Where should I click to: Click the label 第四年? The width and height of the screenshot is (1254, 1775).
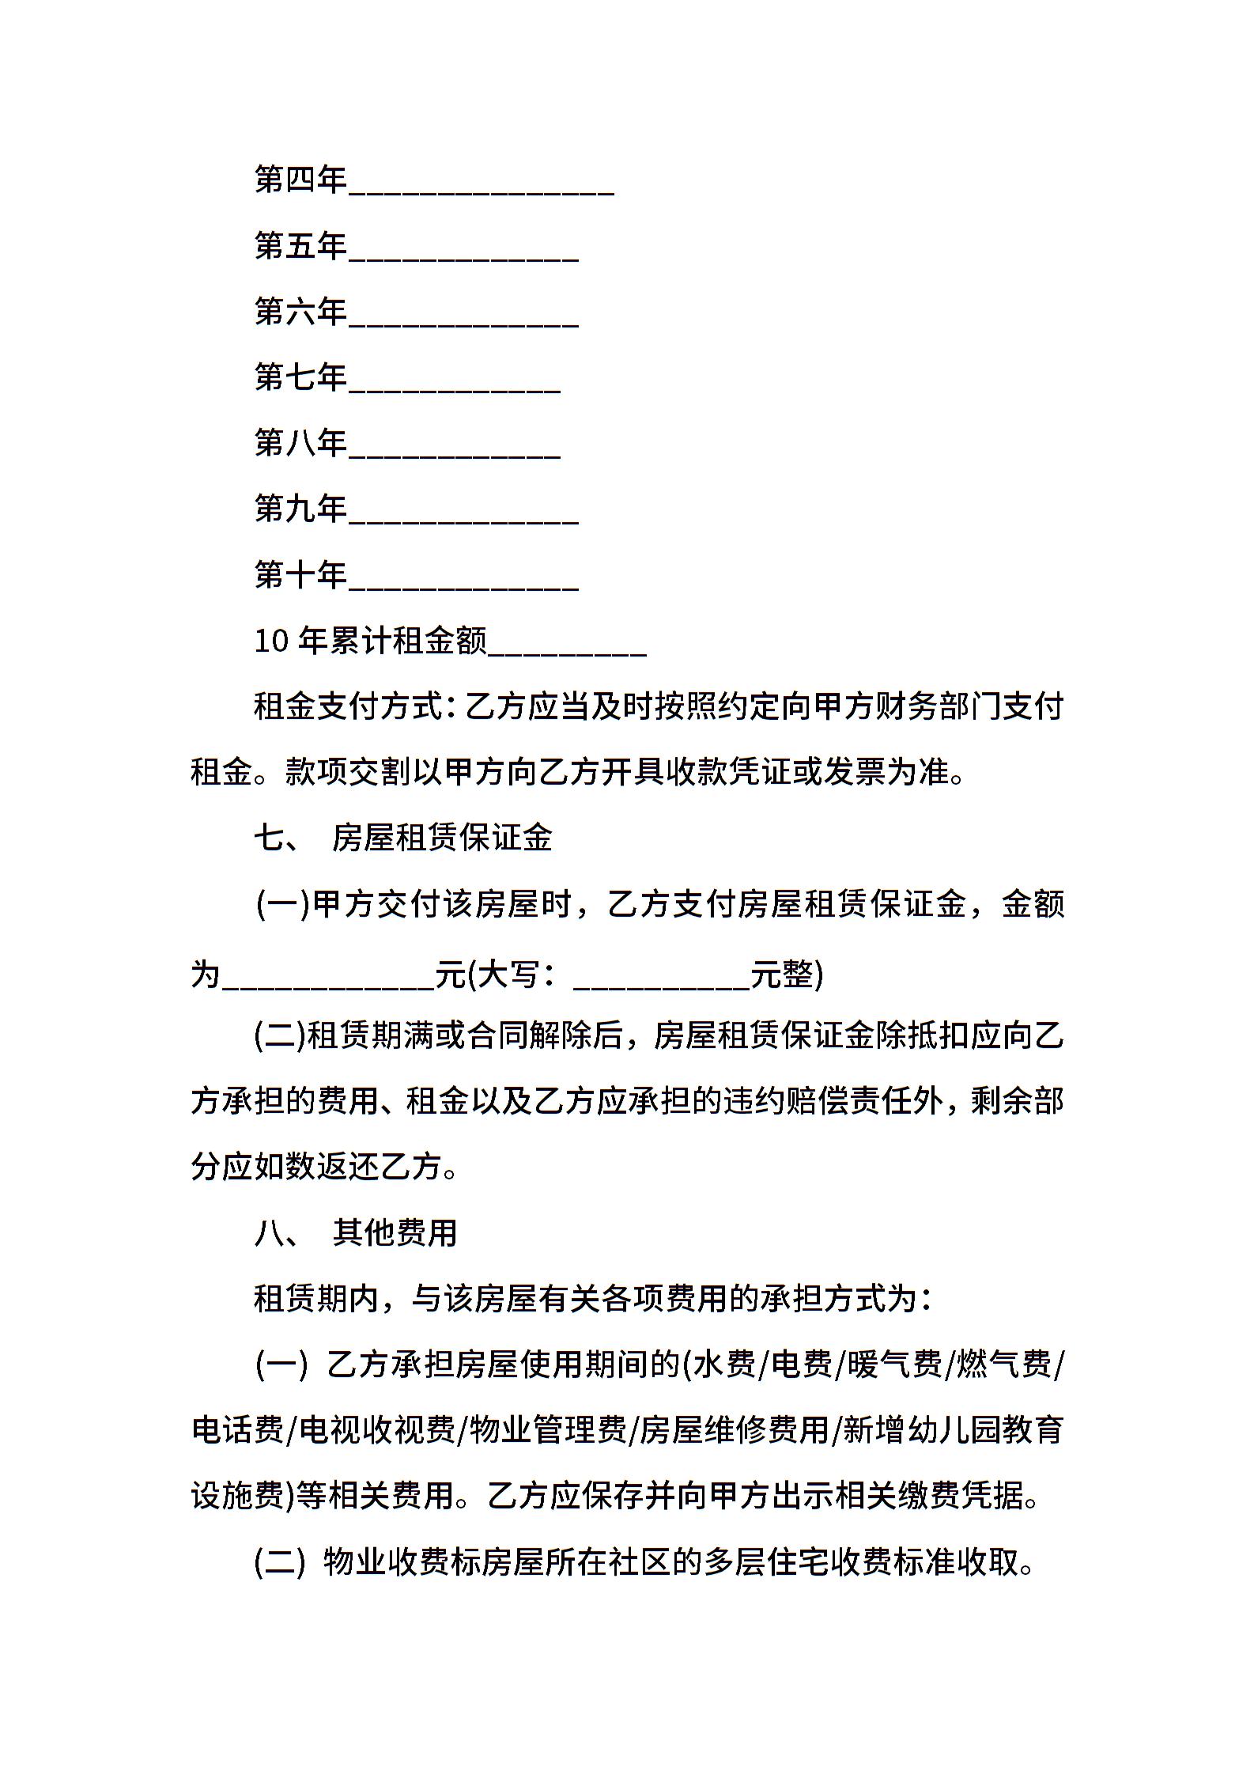click(x=300, y=180)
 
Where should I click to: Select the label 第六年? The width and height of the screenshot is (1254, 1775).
click(x=300, y=312)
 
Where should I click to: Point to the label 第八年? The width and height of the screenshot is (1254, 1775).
click(x=300, y=443)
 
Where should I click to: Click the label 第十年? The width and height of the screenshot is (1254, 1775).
click(x=300, y=574)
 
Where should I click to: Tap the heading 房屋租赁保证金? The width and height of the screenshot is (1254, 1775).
click(x=442, y=838)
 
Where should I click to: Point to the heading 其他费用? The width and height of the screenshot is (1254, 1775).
click(x=395, y=1232)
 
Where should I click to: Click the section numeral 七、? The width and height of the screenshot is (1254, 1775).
click(x=277, y=838)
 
